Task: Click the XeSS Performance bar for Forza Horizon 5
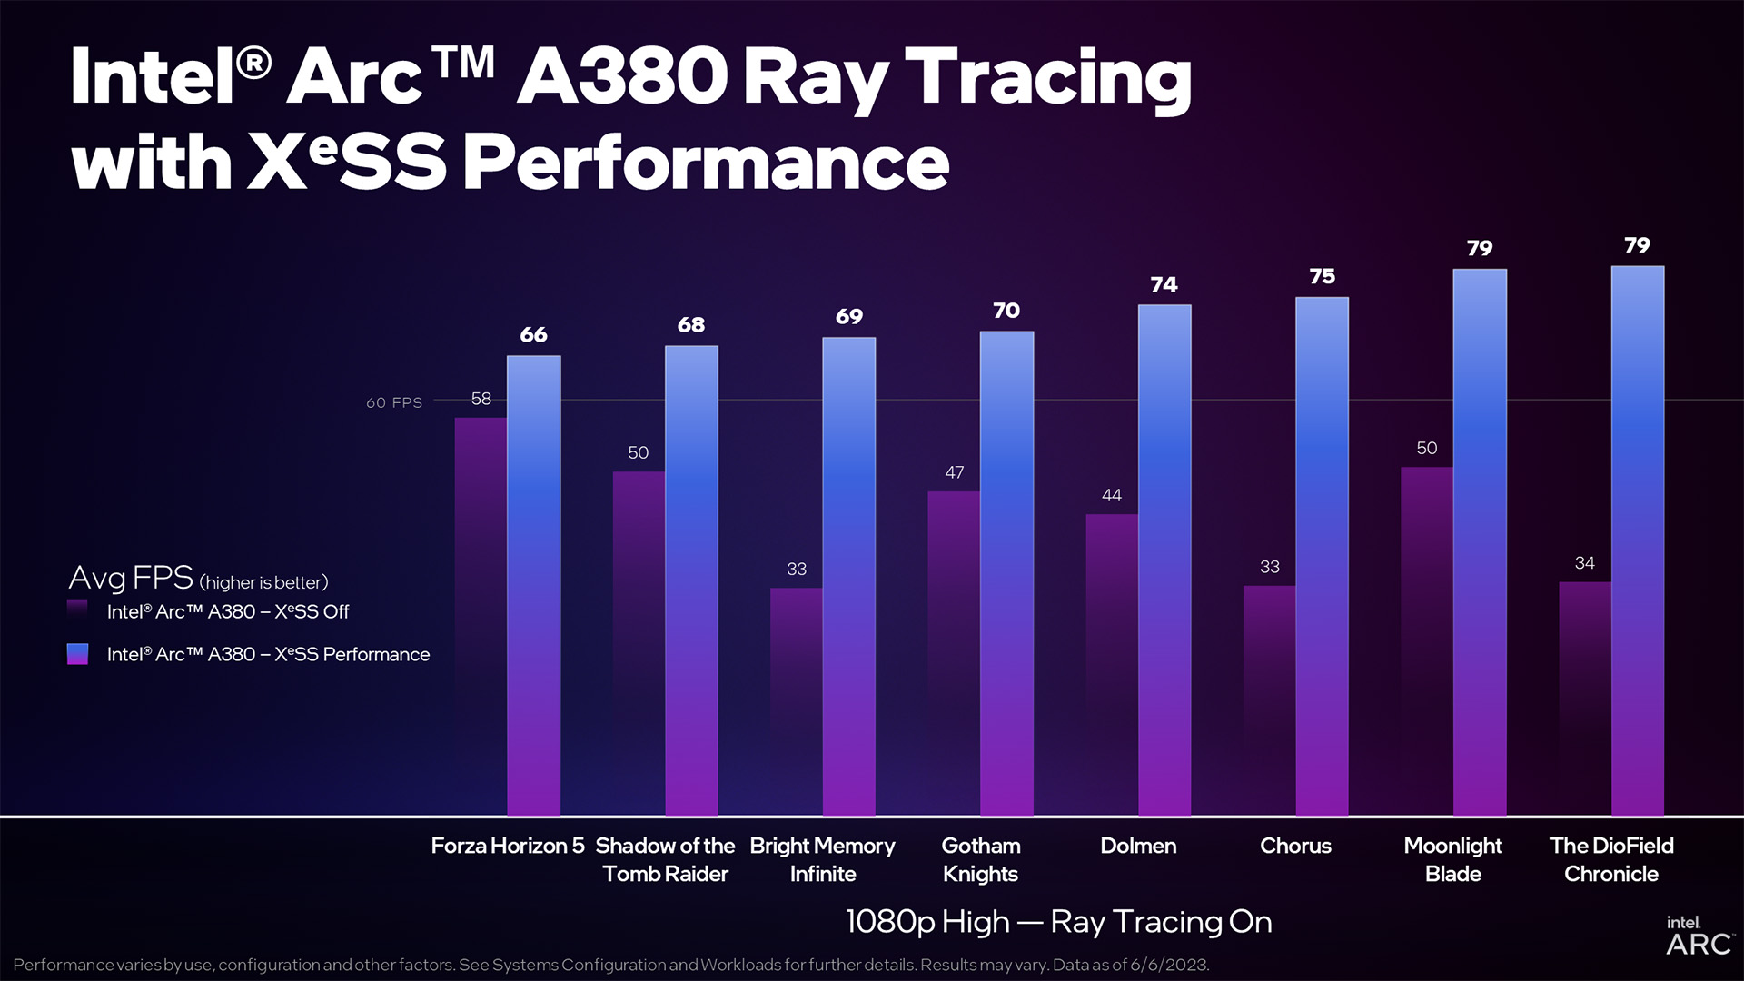[x=533, y=586]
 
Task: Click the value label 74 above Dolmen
[x=1164, y=285]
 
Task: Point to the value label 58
[x=481, y=399]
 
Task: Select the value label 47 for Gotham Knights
[x=954, y=472]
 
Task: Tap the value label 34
[x=1584, y=563]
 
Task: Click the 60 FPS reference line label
[x=394, y=402]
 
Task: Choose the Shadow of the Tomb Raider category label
[x=665, y=859]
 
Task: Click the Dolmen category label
[x=1138, y=846]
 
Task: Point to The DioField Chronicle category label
[x=1611, y=859]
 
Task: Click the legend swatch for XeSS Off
[x=78, y=610]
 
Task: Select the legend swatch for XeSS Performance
[x=78, y=654]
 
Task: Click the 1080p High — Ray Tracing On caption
[x=1058, y=922]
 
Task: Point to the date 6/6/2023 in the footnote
[x=1169, y=965]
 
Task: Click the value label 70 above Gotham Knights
[x=1006, y=311]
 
